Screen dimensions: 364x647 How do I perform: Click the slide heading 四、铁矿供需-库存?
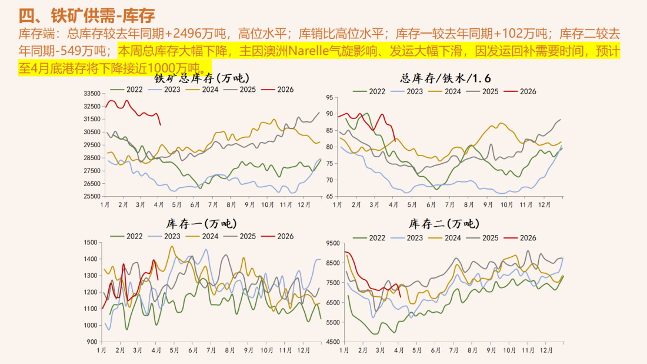86,15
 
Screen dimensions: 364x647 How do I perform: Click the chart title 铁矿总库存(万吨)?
201,77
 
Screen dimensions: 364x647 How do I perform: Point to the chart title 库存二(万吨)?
443,223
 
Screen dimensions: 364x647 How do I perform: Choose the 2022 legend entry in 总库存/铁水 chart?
370,91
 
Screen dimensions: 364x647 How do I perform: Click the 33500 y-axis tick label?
92,94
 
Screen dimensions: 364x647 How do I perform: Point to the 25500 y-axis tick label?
92,197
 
